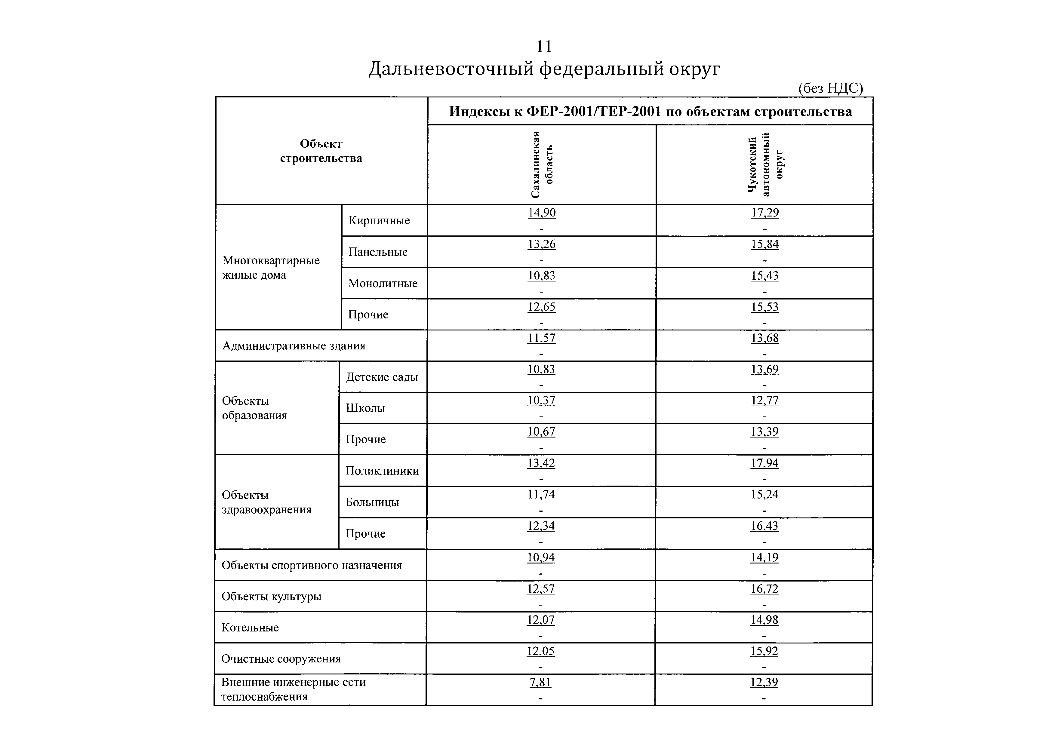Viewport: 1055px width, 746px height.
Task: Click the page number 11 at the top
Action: pyautogui.click(x=544, y=46)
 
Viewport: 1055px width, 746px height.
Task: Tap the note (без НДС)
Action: pyautogui.click(x=831, y=88)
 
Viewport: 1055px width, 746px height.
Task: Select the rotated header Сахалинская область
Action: pyautogui.click(x=542, y=164)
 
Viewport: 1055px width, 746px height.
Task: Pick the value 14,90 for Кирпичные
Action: pyautogui.click(x=542, y=213)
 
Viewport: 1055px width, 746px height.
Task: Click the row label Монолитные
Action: pyautogui.click(x=383, y=283)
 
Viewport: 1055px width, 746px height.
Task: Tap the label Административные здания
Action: pyautogui.click(x=294, y=345)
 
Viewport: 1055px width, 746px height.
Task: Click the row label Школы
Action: pyautogui.click(x=365, y=408)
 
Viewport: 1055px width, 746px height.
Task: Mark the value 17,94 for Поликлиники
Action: pyautogui.click(x=764, y=463)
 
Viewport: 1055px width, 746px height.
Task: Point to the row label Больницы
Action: pyautogui.click(x=372, y=502)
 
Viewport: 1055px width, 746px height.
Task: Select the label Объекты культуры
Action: pyautogui.click(x=271, y=596)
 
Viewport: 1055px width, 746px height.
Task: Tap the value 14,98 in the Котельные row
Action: pyautogui.click(x=764, y=620)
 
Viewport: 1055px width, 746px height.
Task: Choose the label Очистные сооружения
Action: pyautogui.click(x=281, y=659)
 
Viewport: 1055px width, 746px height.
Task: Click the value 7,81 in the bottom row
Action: pyautogui.click(x=540, y=683)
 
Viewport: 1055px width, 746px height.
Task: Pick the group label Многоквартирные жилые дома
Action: pyautogui.click(x=271, y=267)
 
